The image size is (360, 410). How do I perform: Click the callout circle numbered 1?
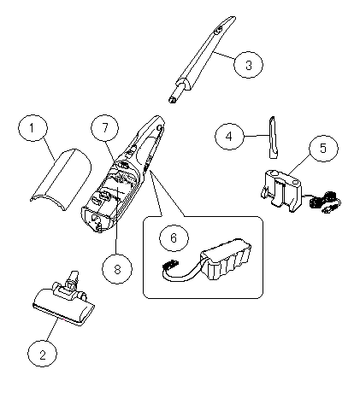(x=32, y=128)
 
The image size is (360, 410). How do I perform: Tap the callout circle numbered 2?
(x=42, y=354)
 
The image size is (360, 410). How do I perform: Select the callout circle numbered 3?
(x=248, y=65)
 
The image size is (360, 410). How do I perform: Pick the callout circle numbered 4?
(x=229, y=137)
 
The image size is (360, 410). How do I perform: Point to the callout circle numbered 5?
(x=323, y=149)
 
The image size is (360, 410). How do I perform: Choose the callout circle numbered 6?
(x=174, y=237)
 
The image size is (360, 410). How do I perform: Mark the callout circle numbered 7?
(x=105, y=128)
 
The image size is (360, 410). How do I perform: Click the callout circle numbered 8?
(x=117, y=269)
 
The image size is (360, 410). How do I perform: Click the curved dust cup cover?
(x=62, y=179)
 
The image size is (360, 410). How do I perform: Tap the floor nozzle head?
(x=63, y=306)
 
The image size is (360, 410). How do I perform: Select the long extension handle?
(x=202, y=59)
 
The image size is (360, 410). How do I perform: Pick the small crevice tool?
(x=273, y=138)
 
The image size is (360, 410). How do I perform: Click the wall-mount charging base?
(x=281, y=190)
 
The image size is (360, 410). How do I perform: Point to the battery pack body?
(x=226, y=259)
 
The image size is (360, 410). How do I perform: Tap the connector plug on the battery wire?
(x=170, y=264)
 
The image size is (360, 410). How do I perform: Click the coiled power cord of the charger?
(x=325, y=202)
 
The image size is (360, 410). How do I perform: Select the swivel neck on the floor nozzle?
(x=70, y=284)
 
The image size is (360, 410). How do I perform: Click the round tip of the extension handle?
(x=172, y=100)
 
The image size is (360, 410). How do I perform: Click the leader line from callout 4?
(x=257, y=136)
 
